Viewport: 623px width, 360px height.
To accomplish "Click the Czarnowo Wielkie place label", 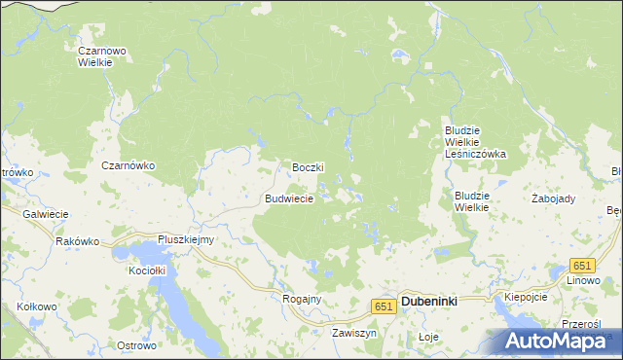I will (x=96, y=54).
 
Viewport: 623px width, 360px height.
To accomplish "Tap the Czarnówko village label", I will (x=128, y=165).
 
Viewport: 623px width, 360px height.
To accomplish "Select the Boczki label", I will (x=308, y=167).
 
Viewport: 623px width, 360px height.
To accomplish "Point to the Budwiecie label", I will (x=289, y=198).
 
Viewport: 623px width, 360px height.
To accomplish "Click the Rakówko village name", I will (x=79, y=241).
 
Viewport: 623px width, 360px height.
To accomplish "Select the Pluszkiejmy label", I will (x=186, y=239).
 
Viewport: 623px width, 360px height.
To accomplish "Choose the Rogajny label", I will (x=301, y=299).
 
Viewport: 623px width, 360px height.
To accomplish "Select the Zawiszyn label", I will (x=353, y=332).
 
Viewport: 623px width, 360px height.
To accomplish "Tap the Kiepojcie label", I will (x=526, y=296).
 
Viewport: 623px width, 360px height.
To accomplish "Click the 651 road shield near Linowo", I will (x=582, y=266).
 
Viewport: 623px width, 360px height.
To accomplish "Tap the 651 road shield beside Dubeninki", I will (x=383, y=306).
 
